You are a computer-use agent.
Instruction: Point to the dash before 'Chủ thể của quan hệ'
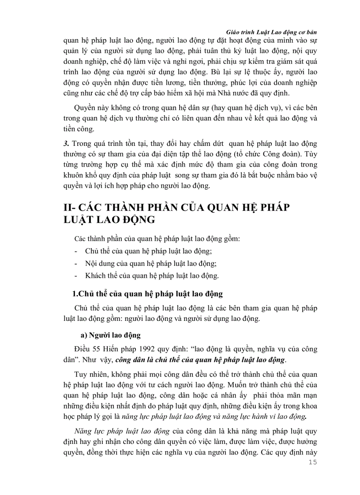click(77, 251)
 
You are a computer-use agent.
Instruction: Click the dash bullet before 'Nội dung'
click(77, 264)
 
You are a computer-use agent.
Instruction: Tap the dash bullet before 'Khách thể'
click(77, 276)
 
